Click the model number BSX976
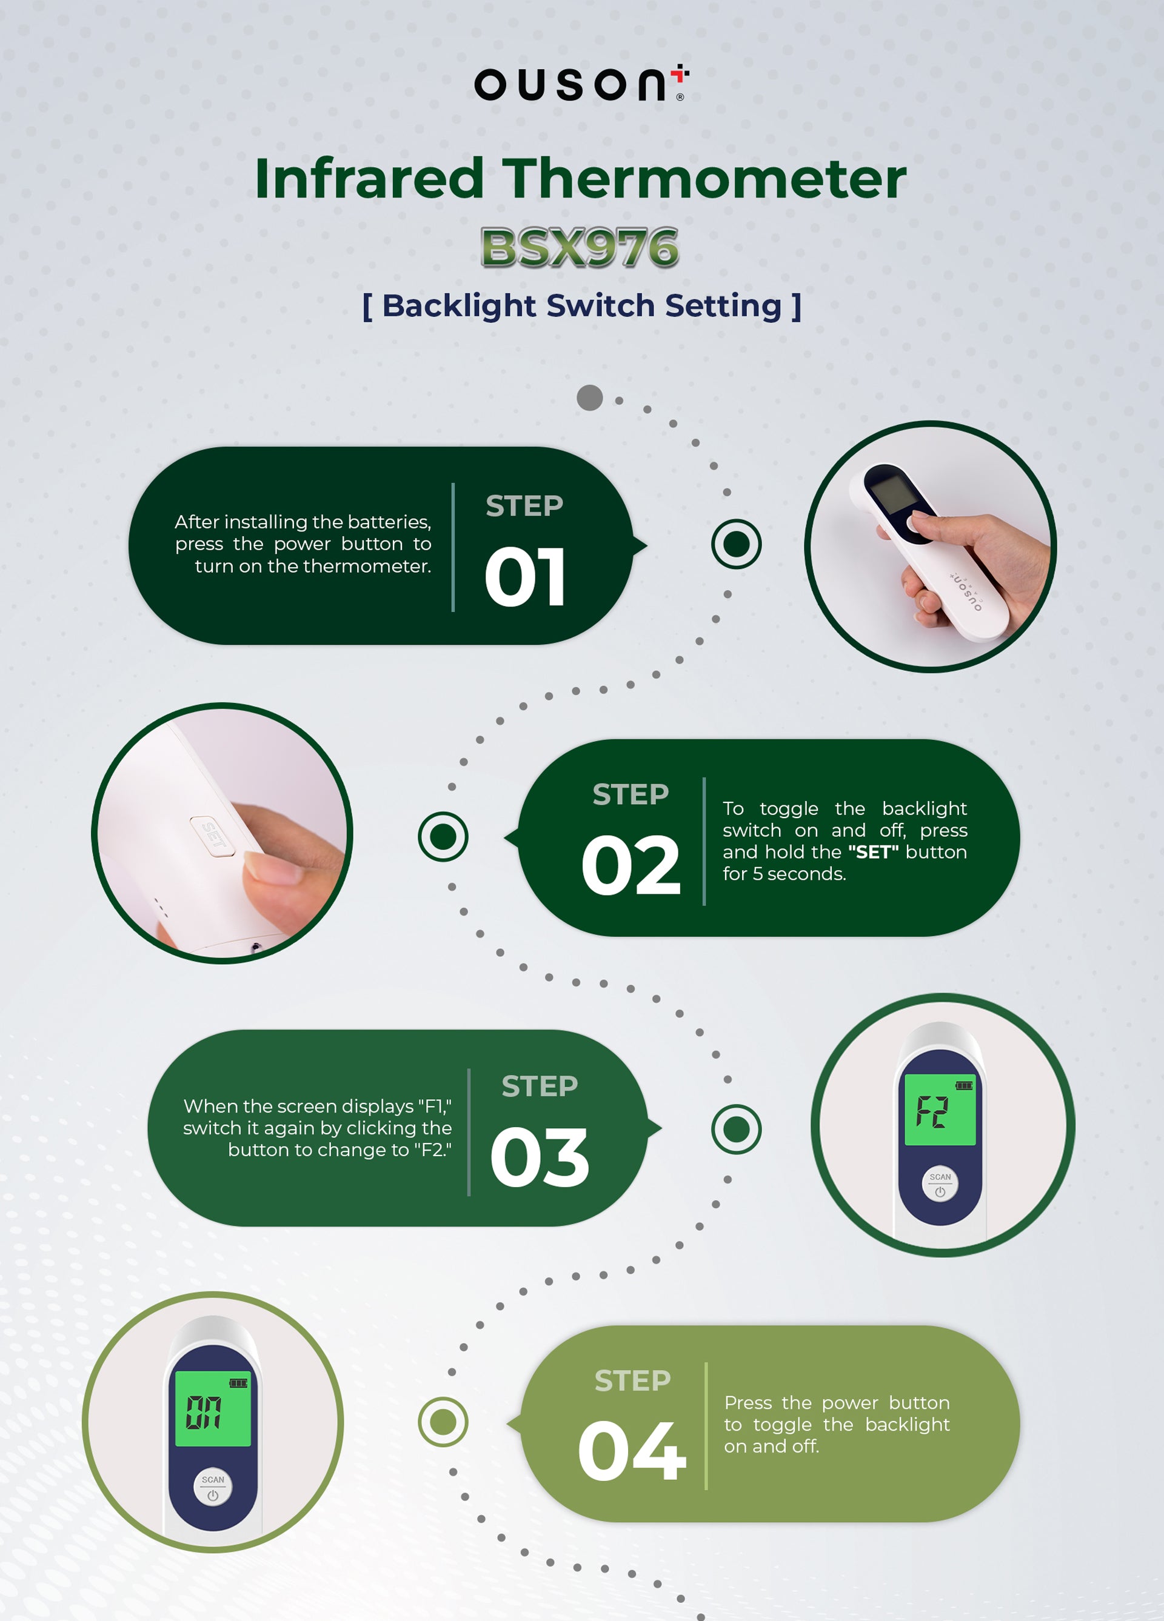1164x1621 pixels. coord(580,248)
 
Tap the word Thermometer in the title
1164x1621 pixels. coord(704,179)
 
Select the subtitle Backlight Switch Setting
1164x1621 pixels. coord(581,306)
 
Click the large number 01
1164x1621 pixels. coord(526,577)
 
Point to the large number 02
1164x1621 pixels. coord(630,865)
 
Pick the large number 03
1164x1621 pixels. coord(540,1157)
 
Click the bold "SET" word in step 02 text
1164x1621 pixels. coord(874,852)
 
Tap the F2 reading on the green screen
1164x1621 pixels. coord(932,1111)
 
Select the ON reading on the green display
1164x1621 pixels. coord(204,1413)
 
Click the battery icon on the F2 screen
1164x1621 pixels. coord(964,1086)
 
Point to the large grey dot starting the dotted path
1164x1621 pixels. coord(590,398)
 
